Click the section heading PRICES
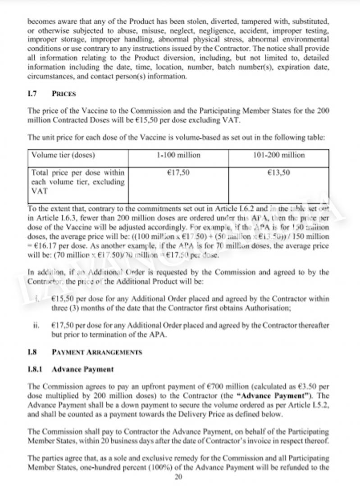pos(64,94)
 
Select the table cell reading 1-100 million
pos(178,155)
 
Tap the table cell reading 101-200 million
pos(279,155)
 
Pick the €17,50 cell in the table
pos(178,172)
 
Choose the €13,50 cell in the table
pos(279,172)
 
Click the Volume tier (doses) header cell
pos(63,155)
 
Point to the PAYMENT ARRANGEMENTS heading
pos(97,352)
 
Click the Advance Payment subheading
pos(83,369)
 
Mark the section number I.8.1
pos(35,369)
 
